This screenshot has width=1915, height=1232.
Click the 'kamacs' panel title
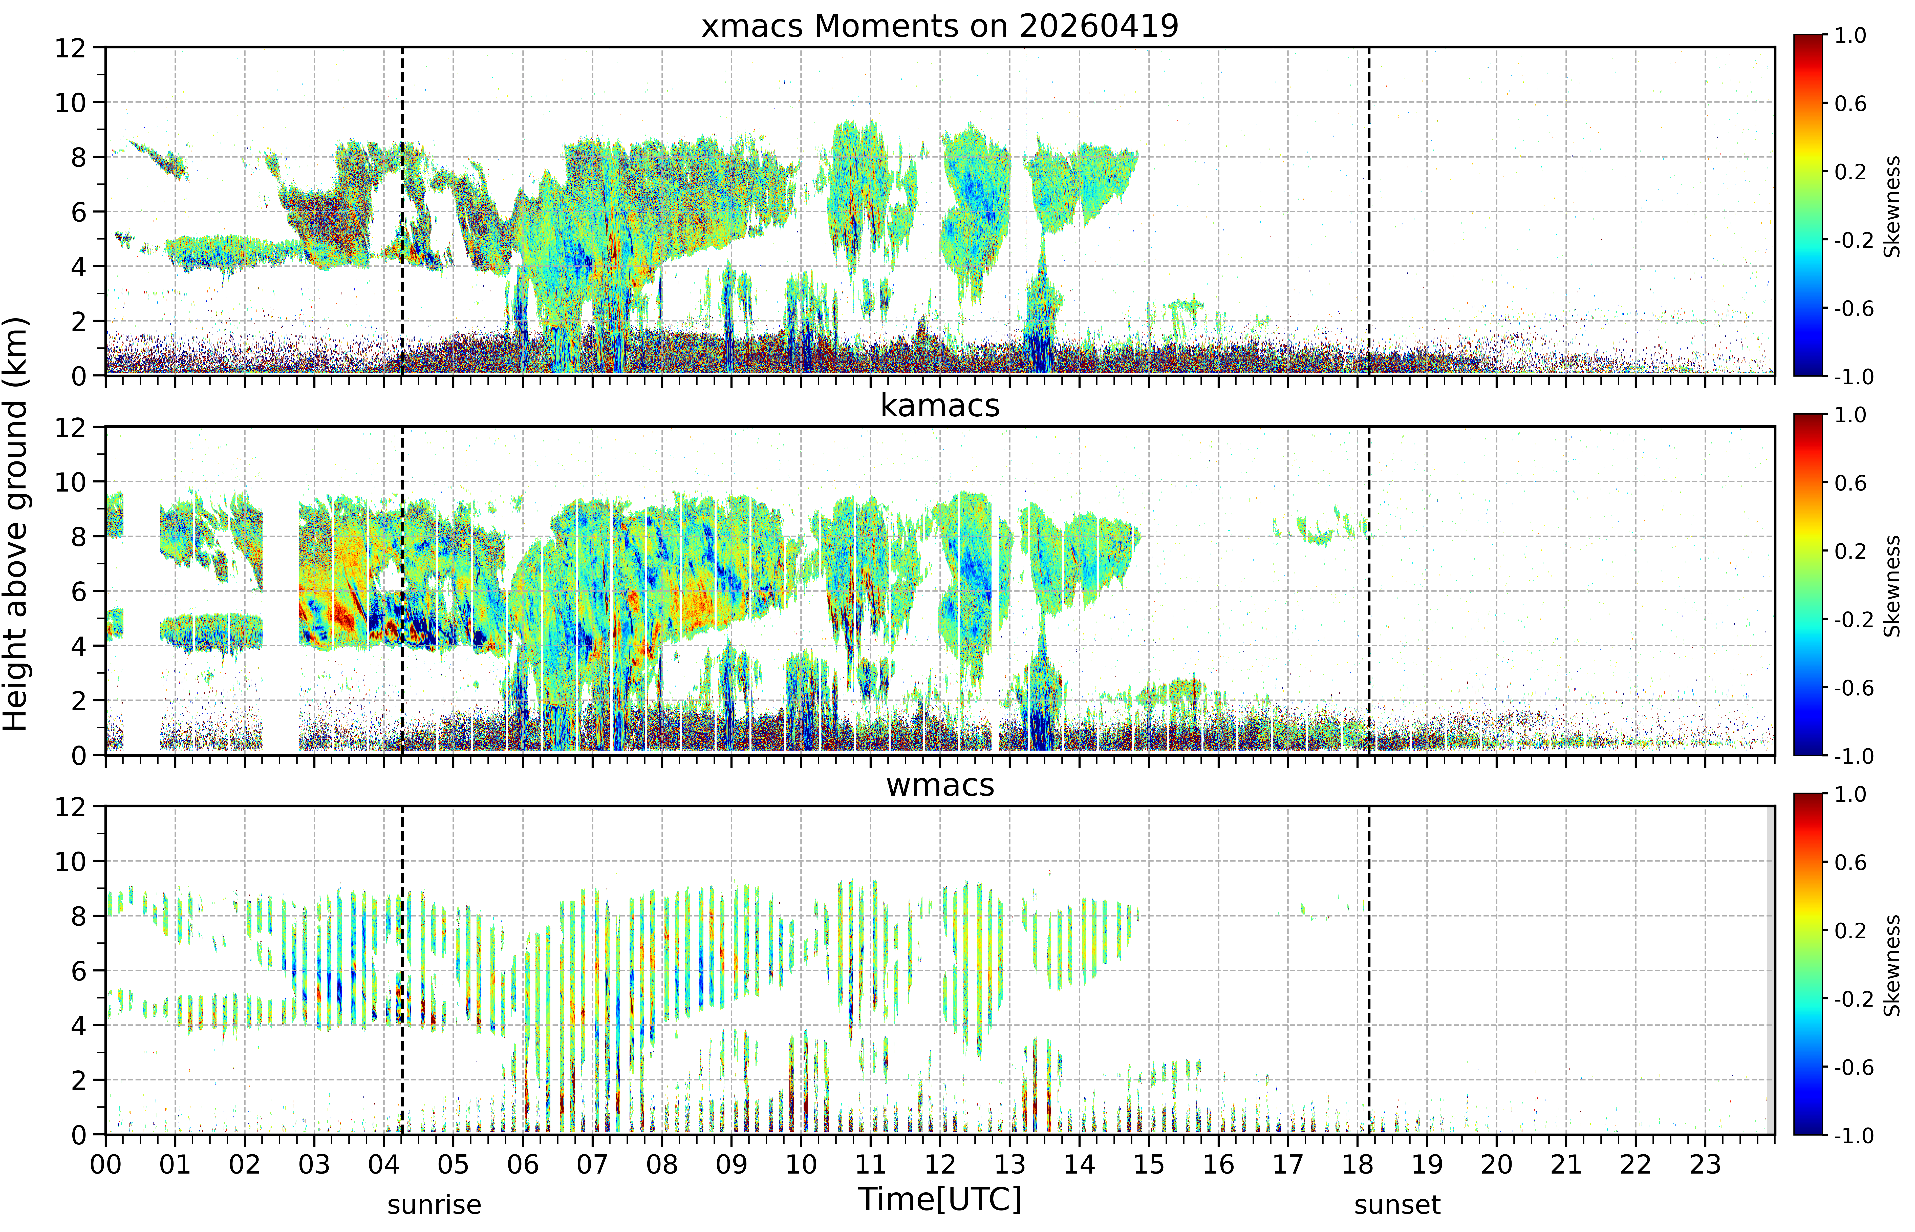(x=940, y=406)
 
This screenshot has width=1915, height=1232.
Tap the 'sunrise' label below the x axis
(x=434, y=1205)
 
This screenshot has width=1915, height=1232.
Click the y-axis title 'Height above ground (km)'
(x=16, y=524)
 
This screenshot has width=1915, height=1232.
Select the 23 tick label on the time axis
(x=1705, y=1164)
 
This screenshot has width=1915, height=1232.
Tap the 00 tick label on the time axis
(x=105, y=1164)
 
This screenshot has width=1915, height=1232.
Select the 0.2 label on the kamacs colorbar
(x=1850, y=551)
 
